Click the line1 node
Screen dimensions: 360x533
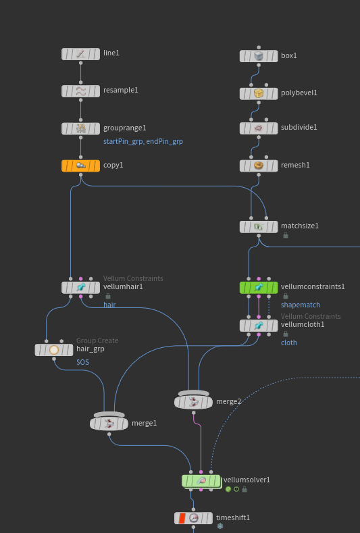tap(80, 54)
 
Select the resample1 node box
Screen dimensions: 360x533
tap(80, 91)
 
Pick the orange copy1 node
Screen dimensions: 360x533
tap(80, 166)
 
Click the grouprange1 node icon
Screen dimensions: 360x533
tap(81, 128)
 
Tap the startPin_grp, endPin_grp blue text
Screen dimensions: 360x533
tap(143, 141)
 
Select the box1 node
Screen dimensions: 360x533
tap(259, 56)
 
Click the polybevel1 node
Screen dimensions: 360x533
tap(259, 93)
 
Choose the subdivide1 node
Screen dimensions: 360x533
tap(259, 128)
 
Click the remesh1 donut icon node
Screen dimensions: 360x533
tap(259, 166)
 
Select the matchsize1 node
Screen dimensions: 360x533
tap(259, 227)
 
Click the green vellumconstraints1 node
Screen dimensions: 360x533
tap(259, 288)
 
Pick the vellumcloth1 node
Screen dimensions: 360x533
tap(259, 326)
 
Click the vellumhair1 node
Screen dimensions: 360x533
tap(80, 288)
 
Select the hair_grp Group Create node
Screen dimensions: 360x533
tap(54, 350)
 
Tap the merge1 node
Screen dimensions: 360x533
tap(109, 422)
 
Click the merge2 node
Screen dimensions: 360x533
tap(193, 401)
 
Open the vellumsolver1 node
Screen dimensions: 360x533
tap(201, 481)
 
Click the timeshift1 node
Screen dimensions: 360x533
tap(193, 518)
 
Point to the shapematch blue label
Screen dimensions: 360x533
tap(301, 305)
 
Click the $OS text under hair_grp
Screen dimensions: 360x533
tap(82, 362)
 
